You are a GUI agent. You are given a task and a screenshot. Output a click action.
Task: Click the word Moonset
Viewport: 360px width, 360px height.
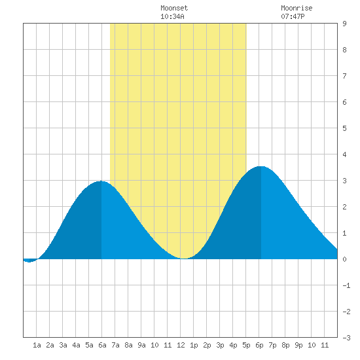[x=174, y=8]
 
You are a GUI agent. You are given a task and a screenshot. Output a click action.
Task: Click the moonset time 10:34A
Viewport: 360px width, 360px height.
[x=172, y=16]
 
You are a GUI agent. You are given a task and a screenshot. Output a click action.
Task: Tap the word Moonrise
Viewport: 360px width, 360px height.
[x=297, y=8]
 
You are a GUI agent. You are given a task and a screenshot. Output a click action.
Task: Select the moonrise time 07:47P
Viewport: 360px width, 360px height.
[x=293, y=16]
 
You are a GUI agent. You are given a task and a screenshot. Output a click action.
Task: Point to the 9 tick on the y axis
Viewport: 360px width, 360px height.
[x=344, y=24]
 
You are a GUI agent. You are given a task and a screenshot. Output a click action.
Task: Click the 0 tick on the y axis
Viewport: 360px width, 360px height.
[x=344, y=259]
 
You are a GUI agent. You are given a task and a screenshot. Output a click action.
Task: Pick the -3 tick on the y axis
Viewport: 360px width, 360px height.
[x=346, y=338]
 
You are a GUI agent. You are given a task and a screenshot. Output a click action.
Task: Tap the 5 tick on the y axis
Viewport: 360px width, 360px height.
[x=344, y=128]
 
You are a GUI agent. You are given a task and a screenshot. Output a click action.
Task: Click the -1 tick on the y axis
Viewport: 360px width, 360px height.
[x=346, y=285]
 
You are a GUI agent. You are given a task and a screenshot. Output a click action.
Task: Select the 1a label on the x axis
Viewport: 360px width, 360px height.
[x=37, y=345]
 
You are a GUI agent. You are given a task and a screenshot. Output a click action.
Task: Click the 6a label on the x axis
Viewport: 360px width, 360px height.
[x=102, y=345]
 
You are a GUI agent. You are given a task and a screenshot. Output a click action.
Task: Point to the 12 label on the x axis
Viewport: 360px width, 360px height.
[x=181, y=345]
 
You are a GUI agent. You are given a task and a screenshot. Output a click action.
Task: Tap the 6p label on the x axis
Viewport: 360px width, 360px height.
[x=259, y=345]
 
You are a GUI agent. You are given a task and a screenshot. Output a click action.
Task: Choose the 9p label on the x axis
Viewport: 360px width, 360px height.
[x=298, y=345]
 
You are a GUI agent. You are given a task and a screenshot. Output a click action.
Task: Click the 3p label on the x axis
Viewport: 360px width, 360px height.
[x=220, y=345]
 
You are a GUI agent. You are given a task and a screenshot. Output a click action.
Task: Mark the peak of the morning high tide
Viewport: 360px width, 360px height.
[x=101, y=181]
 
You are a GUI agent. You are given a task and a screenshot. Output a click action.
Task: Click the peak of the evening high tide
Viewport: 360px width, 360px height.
[x=261, y=166]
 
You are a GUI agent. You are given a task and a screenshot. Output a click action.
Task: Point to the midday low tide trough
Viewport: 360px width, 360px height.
[x=184, y=259]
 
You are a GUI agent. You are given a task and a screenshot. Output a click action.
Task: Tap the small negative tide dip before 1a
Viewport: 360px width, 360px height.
[x=29, y=262]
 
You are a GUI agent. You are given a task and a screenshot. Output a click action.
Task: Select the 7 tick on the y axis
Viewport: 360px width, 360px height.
[x=344, y=76]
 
